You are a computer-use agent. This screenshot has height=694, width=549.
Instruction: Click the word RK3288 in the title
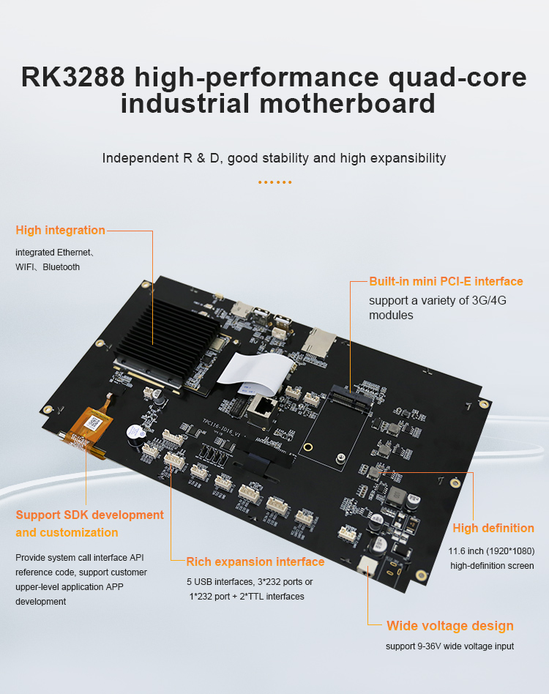click(x=73, y=77)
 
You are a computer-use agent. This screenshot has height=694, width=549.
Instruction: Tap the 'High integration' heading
click(x=60, y=230)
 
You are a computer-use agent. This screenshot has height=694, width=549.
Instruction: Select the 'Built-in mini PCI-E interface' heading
click(x=446, y=282)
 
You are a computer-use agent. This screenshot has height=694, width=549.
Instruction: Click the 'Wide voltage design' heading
click(x=450, y=626)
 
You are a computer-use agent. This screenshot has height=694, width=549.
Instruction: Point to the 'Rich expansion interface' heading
click(x=255, y=561)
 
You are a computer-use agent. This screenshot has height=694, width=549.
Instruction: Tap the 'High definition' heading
click(x=493, y=528)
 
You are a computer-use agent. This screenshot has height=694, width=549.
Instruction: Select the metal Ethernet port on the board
click(x=262, y=411)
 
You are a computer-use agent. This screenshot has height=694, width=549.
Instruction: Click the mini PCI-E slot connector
click(x=351, y=398)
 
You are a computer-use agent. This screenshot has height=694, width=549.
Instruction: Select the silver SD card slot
click(x=318, y=342)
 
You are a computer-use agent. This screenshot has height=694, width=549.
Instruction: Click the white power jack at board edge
click(x=367, y=566)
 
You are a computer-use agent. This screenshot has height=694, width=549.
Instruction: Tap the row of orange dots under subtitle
click(x=274, y=182)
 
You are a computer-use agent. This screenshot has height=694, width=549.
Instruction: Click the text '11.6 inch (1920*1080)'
click(x=491, y=551)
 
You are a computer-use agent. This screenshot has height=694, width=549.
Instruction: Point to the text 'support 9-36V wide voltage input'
click(x=449, y=646)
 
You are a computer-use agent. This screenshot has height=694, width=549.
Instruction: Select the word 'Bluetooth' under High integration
click(x=61, y=267)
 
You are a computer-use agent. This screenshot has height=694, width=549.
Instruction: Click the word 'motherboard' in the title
click(x=347, y=103)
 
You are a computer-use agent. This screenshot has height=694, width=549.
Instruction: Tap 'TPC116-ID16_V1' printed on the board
click(x=221, y=428)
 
